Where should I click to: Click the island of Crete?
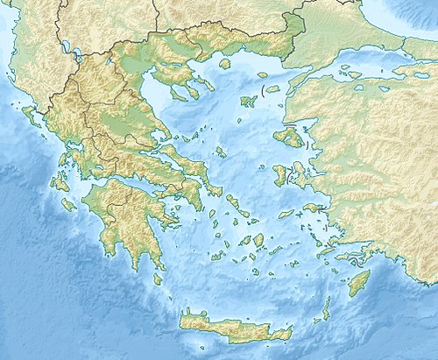click(232, 326)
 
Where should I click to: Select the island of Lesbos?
click(290, 137)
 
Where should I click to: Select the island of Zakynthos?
click(68, 204)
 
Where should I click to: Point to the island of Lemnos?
click(248, 99)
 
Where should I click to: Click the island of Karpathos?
click(326, 308)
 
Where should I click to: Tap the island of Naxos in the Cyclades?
click(258, 239)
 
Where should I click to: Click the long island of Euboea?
click(188, 166)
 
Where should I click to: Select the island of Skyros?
click(220, 152)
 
